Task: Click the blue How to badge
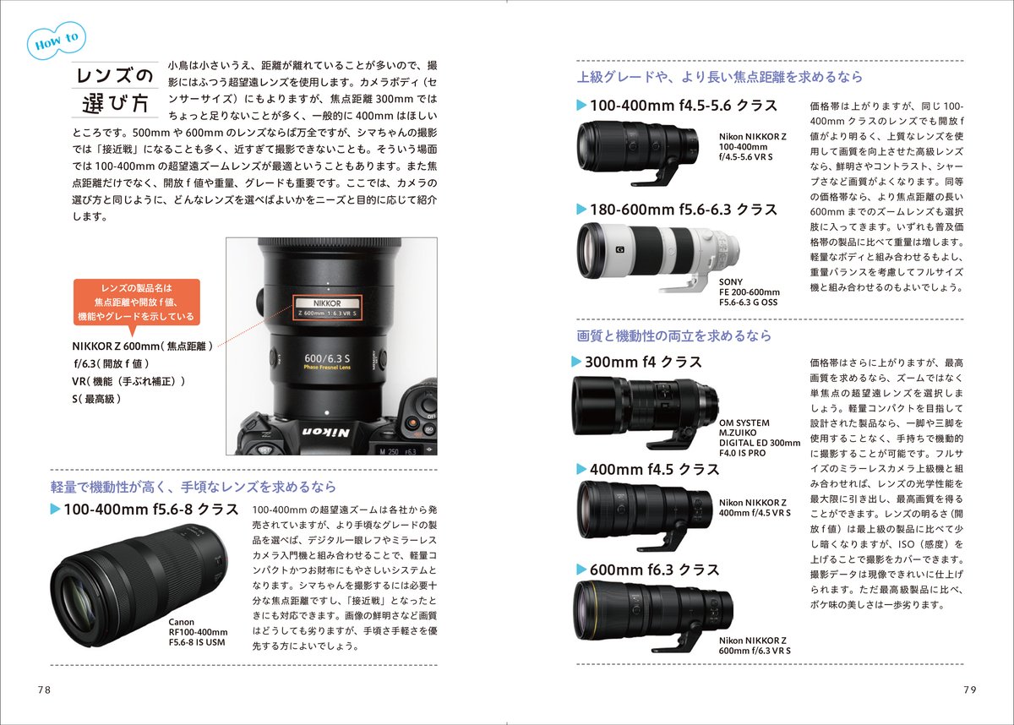tap(57, 41)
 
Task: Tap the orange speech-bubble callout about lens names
tap(136, 303)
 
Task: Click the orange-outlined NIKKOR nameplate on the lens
tap(327, 308)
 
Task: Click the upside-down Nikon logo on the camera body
tap(326, 432)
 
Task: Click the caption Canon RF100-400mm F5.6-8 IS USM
tap(198, 632)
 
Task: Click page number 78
tap(44, 690)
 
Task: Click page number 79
tap(970, 690)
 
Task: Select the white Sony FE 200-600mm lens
tap(658, 257)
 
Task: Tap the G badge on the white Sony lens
tap(619, 249)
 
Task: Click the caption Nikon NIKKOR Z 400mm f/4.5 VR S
tap(755, 508)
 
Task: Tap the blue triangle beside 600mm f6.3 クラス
tap(581, 570)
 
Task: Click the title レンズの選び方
tap(115, 90)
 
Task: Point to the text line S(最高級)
tap(96, 399)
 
